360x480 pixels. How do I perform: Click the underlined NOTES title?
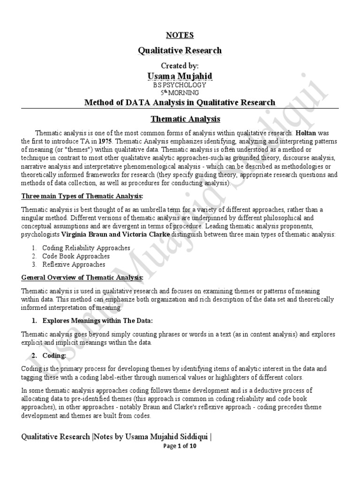click(180, 35)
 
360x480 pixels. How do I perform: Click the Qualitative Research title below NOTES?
click(180, 50)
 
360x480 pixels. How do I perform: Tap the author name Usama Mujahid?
click(180, 76)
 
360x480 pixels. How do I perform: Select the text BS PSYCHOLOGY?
click(180, 85)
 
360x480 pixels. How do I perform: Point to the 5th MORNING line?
click(180, 93)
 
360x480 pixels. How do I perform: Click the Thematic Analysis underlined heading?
click(180, 120)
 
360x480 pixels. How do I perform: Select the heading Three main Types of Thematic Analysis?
click(75, 195)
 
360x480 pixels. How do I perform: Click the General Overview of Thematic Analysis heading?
click(82, 277)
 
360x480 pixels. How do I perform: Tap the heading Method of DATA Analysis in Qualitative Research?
click(180, 102)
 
